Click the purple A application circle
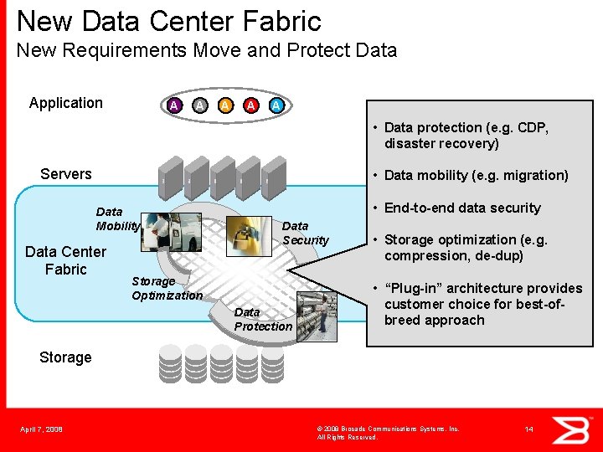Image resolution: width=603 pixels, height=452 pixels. coord(173,105)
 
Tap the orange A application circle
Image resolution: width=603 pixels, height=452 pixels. coord(225,105)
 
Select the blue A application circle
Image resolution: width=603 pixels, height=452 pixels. coord(276,105)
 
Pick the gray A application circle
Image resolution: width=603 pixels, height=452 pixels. coord(199,105)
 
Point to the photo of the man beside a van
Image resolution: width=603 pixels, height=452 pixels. coord(172,232)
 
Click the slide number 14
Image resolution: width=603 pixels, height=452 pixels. coord(528,429)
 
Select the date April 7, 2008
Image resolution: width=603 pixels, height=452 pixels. coord(41,429)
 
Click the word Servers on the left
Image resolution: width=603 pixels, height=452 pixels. coord(66,174)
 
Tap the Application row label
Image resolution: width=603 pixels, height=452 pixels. coord(66,103)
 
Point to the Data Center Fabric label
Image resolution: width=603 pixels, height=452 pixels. coord(66,260)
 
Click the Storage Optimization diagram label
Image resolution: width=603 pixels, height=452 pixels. coord(167,288)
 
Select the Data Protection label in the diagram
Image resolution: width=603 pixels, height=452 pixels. coord(263,319)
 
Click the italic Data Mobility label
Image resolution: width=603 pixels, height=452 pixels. coord(117,218)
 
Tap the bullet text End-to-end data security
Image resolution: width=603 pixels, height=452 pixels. coord(462,208)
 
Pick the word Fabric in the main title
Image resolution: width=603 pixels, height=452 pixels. coord(281,20)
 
